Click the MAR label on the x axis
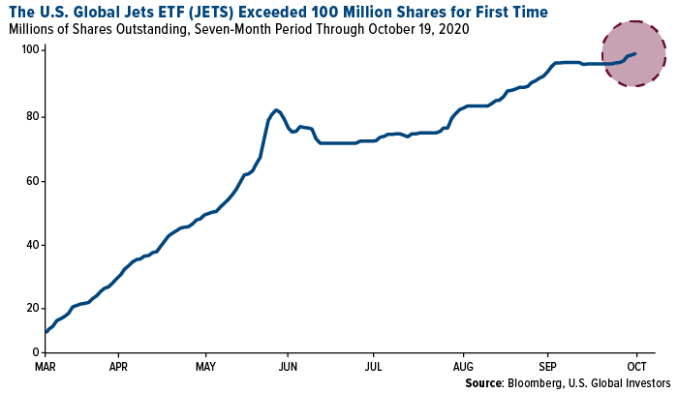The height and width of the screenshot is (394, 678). point(45,367)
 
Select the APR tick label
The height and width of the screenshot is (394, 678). point(118,367)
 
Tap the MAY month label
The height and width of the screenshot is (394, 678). point(205,367)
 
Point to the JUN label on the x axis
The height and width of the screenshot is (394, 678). point(288,367)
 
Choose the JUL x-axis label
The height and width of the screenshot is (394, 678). point(373,367)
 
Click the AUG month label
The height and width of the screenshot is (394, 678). point(463,367)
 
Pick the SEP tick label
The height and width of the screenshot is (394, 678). point(547,367)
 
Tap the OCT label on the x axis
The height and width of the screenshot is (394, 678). point(636,367)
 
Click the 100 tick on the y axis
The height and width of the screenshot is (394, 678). point(30,50)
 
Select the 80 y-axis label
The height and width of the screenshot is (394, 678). point(33,116)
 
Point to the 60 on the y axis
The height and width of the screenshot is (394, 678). point(33,181)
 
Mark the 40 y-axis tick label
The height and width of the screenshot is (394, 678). point(33,245)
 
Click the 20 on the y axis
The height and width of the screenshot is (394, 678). point(33,309)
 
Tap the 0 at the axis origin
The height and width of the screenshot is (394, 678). point(36,352)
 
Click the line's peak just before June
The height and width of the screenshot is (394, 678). point(276,109)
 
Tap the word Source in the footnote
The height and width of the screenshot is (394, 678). point(484,382)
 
